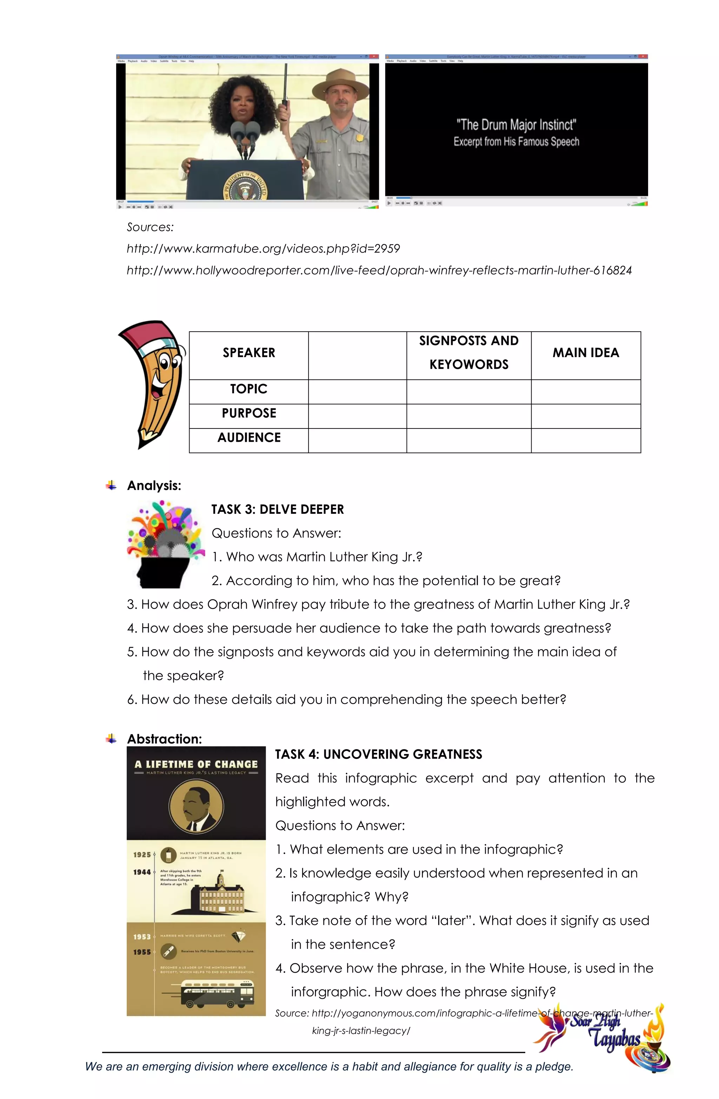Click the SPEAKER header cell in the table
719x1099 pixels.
[x=249, y=353]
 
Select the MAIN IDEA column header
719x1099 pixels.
[x=586, y=353]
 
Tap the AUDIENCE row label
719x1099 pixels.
[x=249, y=437]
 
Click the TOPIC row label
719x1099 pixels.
[x=249, y=389]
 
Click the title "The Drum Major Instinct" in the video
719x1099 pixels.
[x=516, y=125]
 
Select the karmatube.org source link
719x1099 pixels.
[x=263, y=248]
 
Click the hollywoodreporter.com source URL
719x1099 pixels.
[x=379, y=270]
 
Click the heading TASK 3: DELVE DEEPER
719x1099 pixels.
[x=277, y=509]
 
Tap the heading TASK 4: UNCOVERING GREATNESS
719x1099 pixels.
[x=378, y=754]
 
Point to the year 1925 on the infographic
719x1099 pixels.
[x=142, y=854]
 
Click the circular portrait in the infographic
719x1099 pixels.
[x=196, y=807]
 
